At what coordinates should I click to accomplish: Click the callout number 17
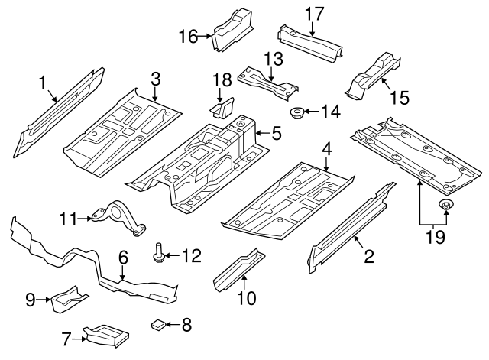tap(314, 13)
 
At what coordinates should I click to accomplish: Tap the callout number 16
tap(188, 35)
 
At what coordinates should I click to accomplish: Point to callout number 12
tap(191, 255)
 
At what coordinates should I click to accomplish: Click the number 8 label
tap(186, 325)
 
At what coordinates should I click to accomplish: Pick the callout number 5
tap(276, 134)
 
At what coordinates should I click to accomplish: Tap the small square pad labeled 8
tap(158, 324)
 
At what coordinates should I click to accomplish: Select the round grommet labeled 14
tap(296, 113)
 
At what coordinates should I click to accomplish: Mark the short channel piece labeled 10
tap(238, 269)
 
